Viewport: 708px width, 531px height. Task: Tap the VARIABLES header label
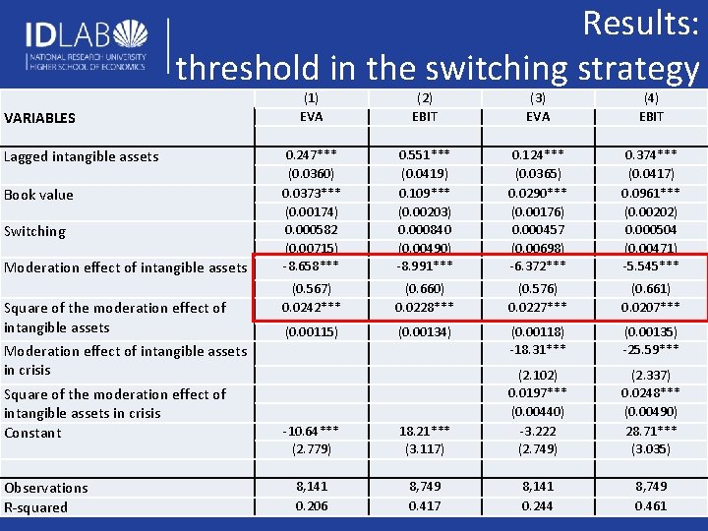(x=40, y=118)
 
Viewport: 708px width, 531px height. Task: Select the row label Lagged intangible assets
(x=81, y=156)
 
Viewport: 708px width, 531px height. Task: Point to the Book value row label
(x=38, y=195)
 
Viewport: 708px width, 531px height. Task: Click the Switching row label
(x=34, y=231)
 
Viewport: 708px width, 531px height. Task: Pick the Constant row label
(x=32, y=433)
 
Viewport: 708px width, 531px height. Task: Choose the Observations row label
(x=46, y=488)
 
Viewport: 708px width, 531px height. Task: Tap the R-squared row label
(x=36, y=507)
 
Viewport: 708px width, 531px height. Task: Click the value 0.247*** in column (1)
(x=312, y=155)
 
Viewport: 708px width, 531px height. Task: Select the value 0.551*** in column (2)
(x=425, y=155)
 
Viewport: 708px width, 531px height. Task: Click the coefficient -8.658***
(x=312, y=265)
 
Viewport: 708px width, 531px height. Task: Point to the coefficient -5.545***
(x=651, y=265)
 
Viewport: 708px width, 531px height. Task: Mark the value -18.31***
(x=538, y=349)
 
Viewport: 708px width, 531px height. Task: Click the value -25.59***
(x=651, y=349)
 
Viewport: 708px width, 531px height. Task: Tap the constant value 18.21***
(x=425, y=431)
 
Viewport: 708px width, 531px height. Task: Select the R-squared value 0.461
(x=651, y=506)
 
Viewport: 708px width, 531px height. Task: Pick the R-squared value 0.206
(x=312, y=506)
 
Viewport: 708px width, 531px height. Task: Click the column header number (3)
(x=538, y=97)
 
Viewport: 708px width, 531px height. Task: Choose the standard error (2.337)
(x=651, y=375)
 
